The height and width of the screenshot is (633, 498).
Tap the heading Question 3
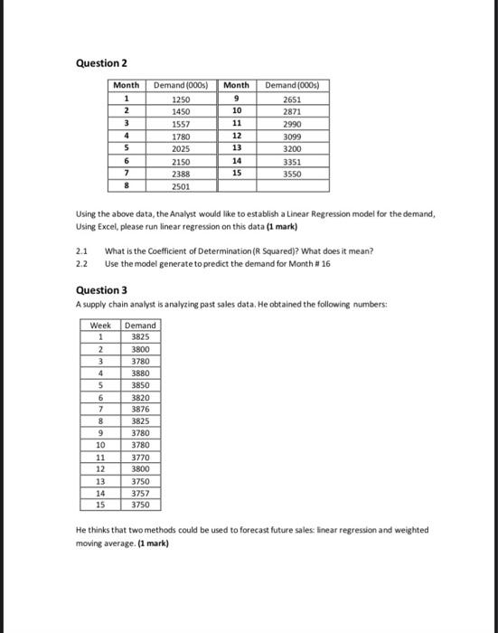click(99, 289)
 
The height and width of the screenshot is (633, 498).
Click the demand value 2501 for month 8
click(181, 186)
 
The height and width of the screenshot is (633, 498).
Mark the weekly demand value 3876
click(139, 408)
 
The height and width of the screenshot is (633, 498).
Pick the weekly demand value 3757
click(139, 494)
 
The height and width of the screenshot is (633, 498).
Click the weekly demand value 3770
click(139, 458)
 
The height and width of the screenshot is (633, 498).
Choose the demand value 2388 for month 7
click(181, 173)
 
